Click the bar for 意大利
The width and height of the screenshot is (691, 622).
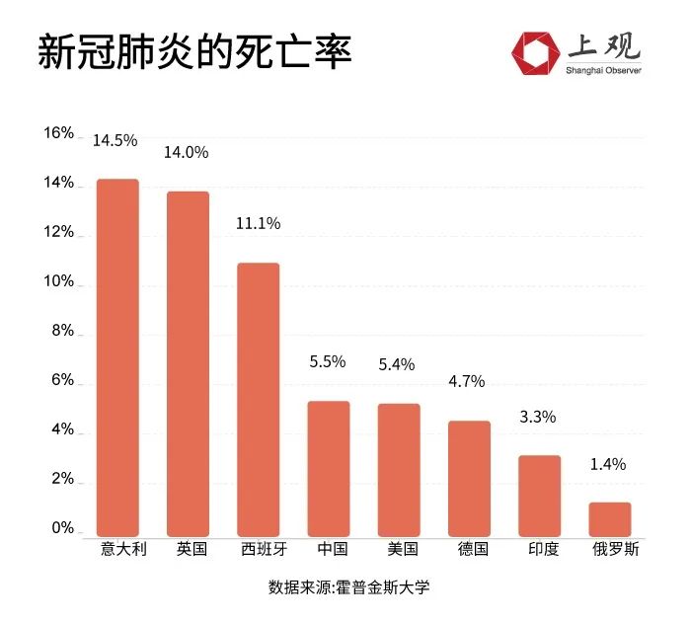pyautogui.click(x=117, y=356)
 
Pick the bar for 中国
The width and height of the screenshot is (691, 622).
pyautogui.click(x=329, y=467)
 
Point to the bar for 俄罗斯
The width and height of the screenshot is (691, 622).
pyautogui.click(x=610, y=518)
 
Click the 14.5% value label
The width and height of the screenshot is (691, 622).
pyautogui.click(x=115, y=141)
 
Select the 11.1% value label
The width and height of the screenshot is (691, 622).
pyautogui.click(x=258, y=224)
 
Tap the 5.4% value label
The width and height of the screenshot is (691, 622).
pyautogui.click(x=398, y=365)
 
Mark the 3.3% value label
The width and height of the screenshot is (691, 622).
pyautogui.click(x=538, y=417)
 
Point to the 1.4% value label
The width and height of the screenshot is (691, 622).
pyautogui.click(x=608, y=464)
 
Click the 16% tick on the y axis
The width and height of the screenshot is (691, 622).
pyautogui.click(x=58, y=133)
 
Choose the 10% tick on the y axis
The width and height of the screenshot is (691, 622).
pyautogui.click(x=58, y=281)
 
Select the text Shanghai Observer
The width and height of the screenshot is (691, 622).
pyautogui.click(x=603, y=71)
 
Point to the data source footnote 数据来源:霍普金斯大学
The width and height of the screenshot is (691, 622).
pyautogui.click(x=349, y=587)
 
